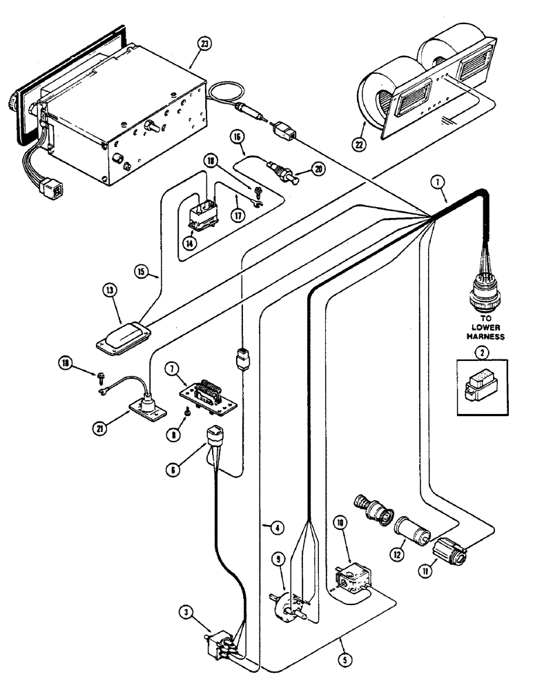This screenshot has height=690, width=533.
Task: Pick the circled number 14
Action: pyautogui.click(x=188, y=242)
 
